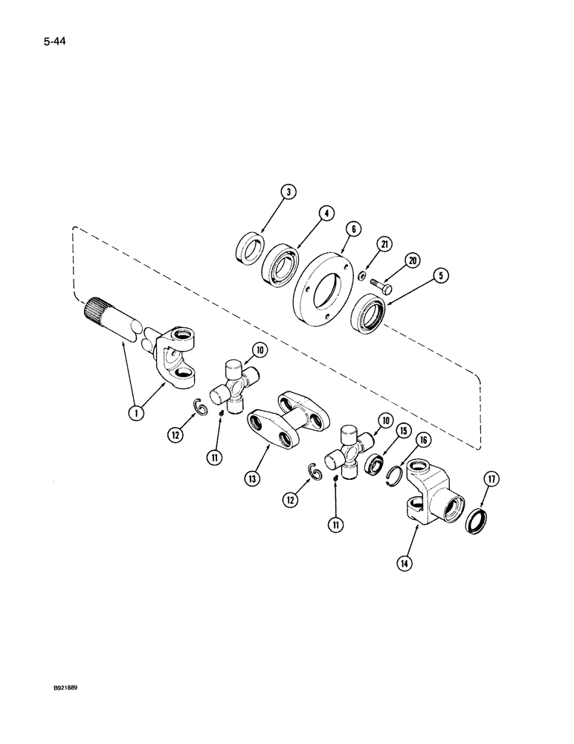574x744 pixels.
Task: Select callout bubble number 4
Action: pos(325,214)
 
